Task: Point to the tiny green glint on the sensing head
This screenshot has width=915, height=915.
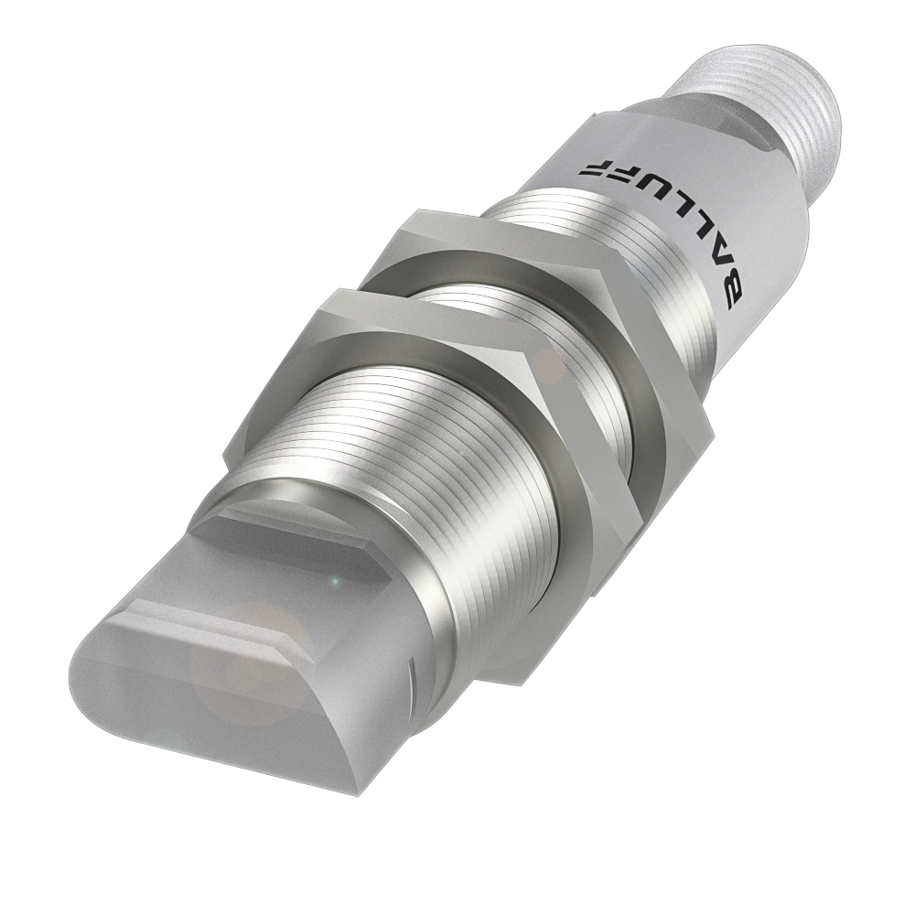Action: point(336,581)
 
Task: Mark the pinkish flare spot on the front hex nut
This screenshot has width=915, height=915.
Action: point(550,366)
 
